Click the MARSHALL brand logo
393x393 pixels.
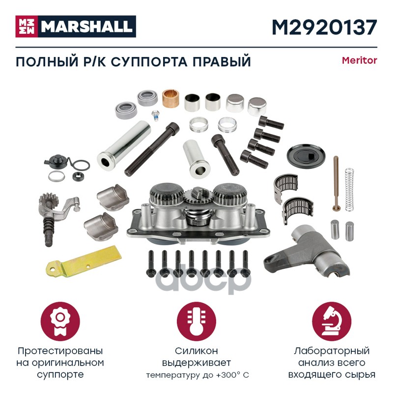tap(76, 27)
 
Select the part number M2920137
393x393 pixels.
tap(324, 27)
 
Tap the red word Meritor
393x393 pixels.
tap(360, 60)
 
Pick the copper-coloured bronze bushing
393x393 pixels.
tap(170, 98)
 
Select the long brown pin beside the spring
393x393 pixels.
tap(336, 183)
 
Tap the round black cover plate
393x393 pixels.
tap(306, 156)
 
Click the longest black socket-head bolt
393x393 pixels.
tap(152, 149)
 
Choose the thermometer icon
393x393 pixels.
tap(196, 322)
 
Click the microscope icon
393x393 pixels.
tap(332, 322)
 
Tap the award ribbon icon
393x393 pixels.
tap(60, 322)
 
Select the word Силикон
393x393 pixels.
tap(196, 351)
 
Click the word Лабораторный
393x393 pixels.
tap(332, 351)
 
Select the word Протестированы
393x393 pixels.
tap(60, 351)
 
